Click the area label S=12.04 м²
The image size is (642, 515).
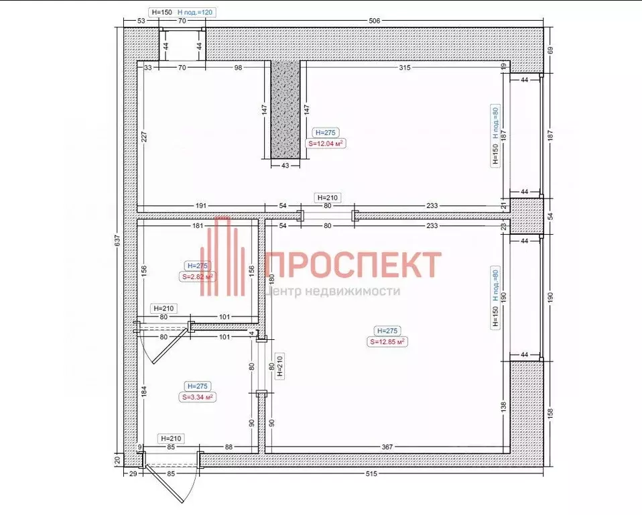[x=326, y=143]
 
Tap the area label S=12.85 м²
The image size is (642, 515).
[x=388, y=341]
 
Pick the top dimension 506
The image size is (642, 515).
[x=374, y=21]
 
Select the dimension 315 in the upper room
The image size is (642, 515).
[x=404, y=68]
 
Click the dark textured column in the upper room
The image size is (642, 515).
[x=285, y=111]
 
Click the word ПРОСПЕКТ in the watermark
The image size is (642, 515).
[x=353, y=264]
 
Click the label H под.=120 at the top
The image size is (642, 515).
[x=195, y=12]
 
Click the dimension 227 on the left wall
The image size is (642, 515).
[x=144, y=137]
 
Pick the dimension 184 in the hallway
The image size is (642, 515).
[x=144, y=391]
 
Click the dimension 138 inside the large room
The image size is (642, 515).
[x=503, y=406]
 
